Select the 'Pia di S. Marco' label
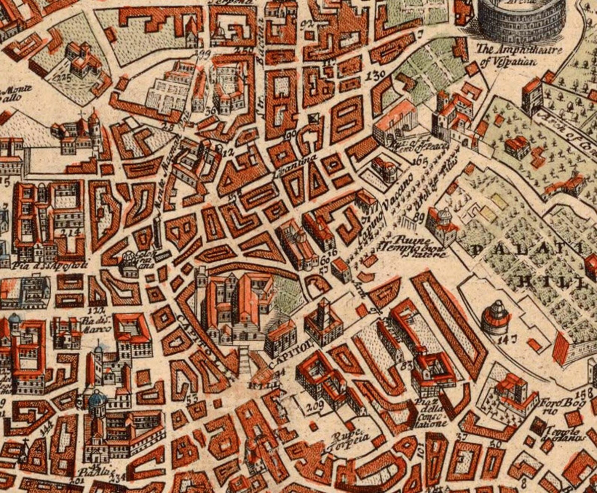pyautogui.click(x=95, y=325)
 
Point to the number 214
pyautogui.click(x=71, y=232)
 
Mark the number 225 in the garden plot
pyautogui.click(x=62, y=79)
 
